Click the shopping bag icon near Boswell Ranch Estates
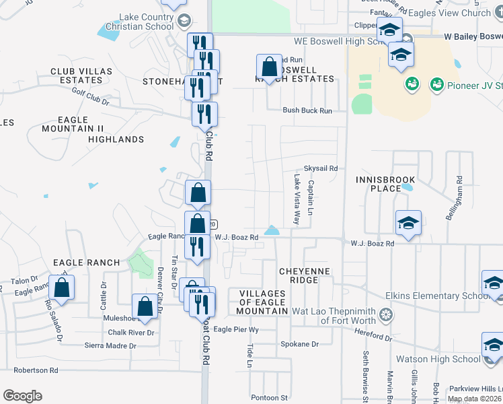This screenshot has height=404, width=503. coord(269,67)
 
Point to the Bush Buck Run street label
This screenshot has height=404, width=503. coord(307,110)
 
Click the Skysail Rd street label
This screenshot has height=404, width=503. coord(320,168)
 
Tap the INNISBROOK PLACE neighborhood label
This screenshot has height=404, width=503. coord(386,184)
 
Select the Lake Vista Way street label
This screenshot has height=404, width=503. coord(297,200)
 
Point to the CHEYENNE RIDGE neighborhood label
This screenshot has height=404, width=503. coord(307,275)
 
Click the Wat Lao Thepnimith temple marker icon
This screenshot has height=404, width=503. coord(386,314)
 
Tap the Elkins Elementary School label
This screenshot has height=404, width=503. coord(437,296)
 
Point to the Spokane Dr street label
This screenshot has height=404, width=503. coord(301,344)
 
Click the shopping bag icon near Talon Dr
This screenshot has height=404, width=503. coord(61,288)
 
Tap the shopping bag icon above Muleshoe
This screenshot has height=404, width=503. coord(145,306)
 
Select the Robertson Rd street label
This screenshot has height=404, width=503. coord(36,370)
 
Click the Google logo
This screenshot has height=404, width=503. coord(23,396)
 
